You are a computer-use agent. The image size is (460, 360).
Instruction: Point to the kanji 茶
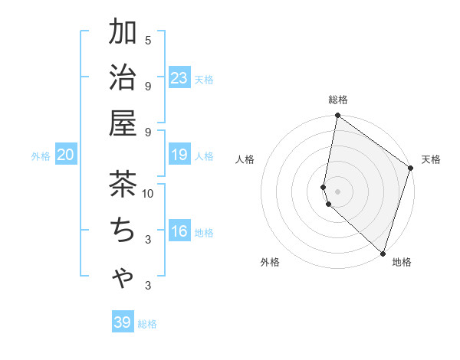[123, 185]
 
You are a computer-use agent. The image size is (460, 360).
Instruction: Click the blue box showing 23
[179, 78]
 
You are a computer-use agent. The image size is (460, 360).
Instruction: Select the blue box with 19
[179, 155]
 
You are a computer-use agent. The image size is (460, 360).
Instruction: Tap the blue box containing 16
[179, 232]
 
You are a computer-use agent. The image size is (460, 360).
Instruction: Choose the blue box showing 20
[65, 155]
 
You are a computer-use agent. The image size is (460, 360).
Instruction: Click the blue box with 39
[123, 322]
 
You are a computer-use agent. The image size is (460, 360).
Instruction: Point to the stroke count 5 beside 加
[148, 40]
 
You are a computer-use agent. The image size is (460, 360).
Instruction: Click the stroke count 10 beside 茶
[148, 194]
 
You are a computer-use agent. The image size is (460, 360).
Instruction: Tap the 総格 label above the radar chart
[337, 100]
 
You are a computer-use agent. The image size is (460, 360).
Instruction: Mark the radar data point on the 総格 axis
[337, 116]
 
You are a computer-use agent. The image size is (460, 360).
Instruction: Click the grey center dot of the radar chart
[337, 191]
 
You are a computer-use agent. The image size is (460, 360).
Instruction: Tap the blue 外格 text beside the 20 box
[41, 156]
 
